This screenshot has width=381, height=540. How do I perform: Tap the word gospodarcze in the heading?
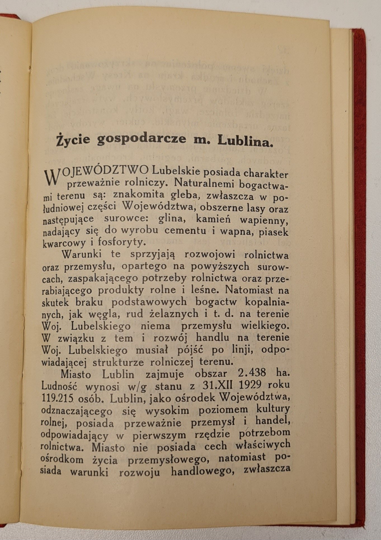tap(141, 139)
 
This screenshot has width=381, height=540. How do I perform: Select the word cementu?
tap(185, 231)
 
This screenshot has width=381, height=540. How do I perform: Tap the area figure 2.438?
tap(244, 374)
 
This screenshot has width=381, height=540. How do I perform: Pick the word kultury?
tap(272, 409)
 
